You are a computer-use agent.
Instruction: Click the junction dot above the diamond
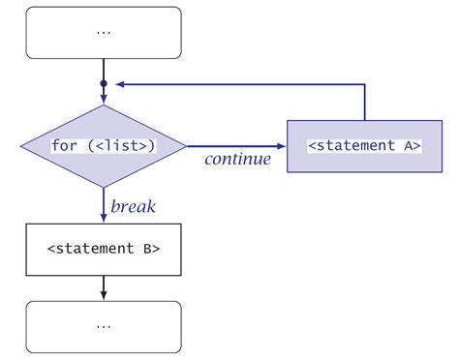tap(104, 84)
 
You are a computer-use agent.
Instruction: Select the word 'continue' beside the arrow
tap(236, 159)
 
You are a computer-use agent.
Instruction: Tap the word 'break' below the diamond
tap(134, 205)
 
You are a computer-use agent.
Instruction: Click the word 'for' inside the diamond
tap(65, 146)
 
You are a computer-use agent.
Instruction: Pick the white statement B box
tap(104, 248)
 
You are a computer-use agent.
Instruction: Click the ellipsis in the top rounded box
tap(104, 31)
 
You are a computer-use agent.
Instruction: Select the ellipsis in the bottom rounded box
tap(104, 325)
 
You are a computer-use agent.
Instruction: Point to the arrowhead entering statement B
tap(104, 219)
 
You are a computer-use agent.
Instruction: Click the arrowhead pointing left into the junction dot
tap(116, 84)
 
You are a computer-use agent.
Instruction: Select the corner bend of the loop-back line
tap(364, 84)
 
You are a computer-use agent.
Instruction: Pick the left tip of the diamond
tap(22, 146)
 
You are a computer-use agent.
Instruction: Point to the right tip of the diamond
tap(185, 146)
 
